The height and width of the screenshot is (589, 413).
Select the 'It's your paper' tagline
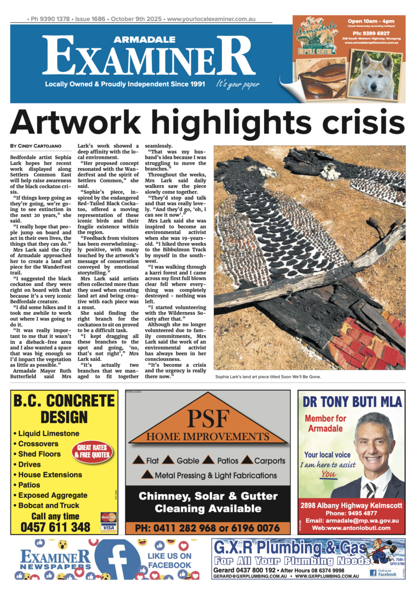[x=237, y=84]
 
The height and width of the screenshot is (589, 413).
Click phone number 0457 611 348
[x=55, y=527]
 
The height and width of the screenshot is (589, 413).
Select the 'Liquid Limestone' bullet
[x=48, y=433]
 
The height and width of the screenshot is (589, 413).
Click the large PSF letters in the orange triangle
[x=207, y=418]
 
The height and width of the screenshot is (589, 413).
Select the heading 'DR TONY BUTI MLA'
[x=352, y=402]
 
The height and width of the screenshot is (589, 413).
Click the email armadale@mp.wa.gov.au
[x=352, y=520]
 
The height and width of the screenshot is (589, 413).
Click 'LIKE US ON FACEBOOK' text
[x=169, y=561]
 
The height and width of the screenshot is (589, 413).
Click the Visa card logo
[x=108, y=528]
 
